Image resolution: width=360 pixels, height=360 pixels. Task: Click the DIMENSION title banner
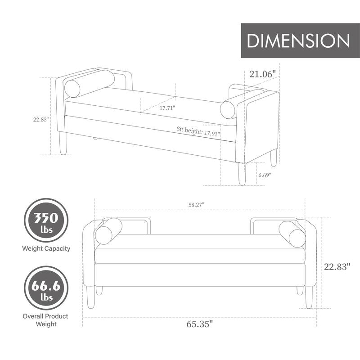298,41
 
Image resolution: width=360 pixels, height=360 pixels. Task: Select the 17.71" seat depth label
167,108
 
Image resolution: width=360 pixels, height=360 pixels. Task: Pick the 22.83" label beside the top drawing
40,119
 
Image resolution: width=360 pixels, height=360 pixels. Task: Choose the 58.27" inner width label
196,204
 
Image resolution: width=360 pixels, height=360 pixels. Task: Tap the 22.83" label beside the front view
337,266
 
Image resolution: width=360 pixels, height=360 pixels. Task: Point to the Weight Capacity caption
46,248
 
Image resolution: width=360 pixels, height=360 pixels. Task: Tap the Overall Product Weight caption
45,320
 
